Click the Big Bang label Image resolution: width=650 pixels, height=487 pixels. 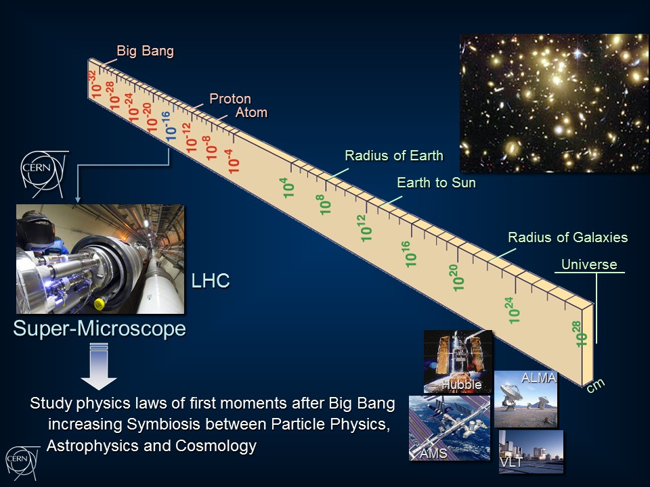coord(145,51)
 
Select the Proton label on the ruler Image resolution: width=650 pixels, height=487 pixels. coord(230,99)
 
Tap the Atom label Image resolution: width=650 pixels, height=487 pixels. coord(252,112)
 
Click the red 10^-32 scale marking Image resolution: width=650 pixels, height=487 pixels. coord(94,84)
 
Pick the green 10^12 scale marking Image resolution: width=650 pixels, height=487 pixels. coord(364,228)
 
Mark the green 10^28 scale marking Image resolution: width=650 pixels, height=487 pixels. coord(581,333)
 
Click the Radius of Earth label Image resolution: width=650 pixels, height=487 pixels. coord(394,156)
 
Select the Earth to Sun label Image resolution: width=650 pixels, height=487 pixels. coord(436,183)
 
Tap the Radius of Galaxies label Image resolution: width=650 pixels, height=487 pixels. coord(567,237)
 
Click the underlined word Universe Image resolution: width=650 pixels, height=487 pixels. coord(589,264)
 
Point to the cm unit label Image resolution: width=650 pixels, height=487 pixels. coord(596,386)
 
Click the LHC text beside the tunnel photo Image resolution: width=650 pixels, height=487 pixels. coord(210,281)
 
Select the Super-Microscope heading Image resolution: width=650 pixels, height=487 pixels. coord(100,329)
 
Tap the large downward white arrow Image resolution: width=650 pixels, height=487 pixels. coord(99,367)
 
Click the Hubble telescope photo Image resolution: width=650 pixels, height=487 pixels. coord(458,361)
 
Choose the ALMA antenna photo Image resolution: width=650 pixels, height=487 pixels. coord(525,399)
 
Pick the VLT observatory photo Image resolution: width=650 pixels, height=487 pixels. coord(531,451)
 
